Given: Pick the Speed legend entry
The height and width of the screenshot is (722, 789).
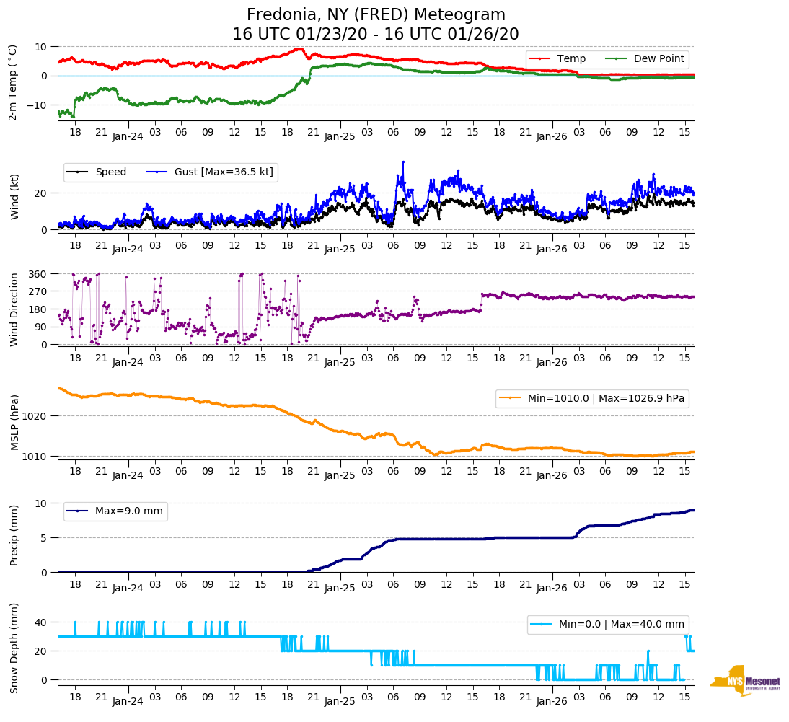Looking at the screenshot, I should pos(97,172).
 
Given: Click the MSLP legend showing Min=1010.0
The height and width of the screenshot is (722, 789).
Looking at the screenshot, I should pos(591,398).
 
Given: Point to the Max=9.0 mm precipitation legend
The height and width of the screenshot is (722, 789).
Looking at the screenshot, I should pos(115,511).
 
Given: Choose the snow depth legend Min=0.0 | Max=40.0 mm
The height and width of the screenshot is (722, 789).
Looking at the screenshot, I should pos(607,625).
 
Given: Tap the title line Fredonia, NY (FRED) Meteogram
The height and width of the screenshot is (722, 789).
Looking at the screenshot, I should pos(376,15).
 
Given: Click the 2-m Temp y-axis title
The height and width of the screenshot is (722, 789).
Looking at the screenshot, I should pos(12,82).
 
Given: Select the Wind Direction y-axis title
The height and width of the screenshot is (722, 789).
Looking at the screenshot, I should pos(14,309).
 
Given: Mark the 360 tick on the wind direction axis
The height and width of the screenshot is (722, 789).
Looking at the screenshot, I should pos(38,274).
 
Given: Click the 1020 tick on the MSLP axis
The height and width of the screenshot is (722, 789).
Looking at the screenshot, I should pos(35,416).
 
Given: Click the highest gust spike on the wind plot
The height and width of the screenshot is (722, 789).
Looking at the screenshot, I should pos(403,162).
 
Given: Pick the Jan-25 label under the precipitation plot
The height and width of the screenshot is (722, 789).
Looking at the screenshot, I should pos(340,589).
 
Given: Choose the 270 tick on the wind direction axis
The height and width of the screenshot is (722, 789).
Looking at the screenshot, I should pos(38,292).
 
